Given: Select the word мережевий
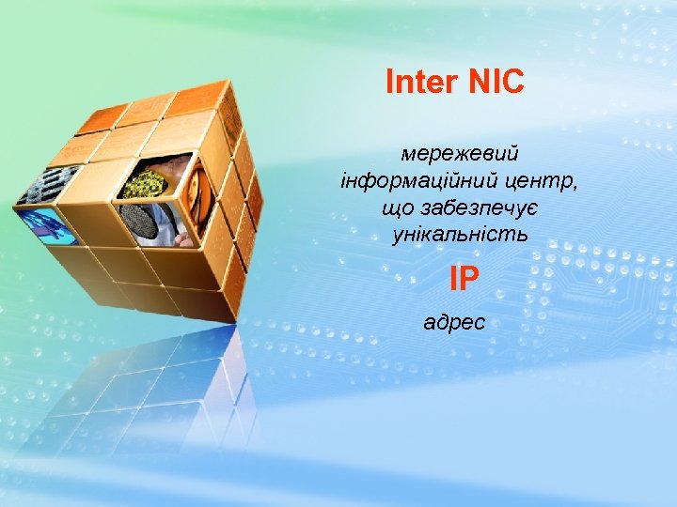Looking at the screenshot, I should (x=460, y=151).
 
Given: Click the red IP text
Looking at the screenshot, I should (x=464, y=278).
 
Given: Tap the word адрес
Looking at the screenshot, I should (x=455, y=323).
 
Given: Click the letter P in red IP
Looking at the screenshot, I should (x=470, y=278).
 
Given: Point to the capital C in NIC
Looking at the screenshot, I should (x=512, y=83).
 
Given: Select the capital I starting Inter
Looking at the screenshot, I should (x=390, y=83).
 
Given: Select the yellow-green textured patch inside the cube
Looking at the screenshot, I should (x=146, y=183).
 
